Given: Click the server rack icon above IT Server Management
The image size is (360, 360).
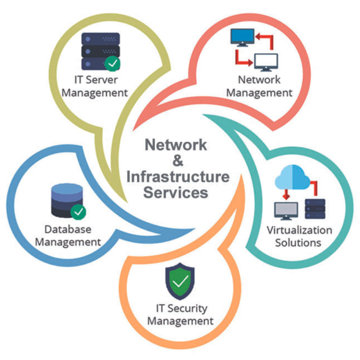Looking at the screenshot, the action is (x=100, y=51).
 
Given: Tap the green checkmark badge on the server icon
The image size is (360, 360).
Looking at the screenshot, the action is (x=112, y=63).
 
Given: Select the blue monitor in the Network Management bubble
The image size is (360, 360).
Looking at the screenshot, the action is (x=242, y=37).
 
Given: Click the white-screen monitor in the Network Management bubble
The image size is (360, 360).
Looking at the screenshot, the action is (x=266, y=62).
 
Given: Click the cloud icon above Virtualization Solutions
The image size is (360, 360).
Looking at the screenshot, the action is (x=292, y=177).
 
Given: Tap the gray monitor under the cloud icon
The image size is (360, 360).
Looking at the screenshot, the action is (x=286, y=211).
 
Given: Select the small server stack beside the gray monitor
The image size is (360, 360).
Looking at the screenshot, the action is (x=315, y=209).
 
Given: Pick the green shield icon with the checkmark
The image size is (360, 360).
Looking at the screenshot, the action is (x=180, y=281).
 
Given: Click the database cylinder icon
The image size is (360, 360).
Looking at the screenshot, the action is (x=67, y=200).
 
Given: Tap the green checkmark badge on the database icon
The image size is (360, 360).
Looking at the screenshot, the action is (x=78, y=212).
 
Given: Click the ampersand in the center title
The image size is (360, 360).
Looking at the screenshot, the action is (x=178, y=161).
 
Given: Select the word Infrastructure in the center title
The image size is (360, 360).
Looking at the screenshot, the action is (x=178, y=176).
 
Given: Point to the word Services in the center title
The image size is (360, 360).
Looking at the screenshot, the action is (x=175, y=193).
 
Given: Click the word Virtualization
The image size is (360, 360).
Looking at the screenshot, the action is (x=299, y=230).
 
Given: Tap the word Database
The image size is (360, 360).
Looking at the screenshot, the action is (x=68, y=229).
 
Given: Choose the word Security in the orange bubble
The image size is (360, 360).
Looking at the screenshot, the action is (x=187, y=309).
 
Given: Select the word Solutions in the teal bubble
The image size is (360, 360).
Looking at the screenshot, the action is (x=298, y=243).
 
